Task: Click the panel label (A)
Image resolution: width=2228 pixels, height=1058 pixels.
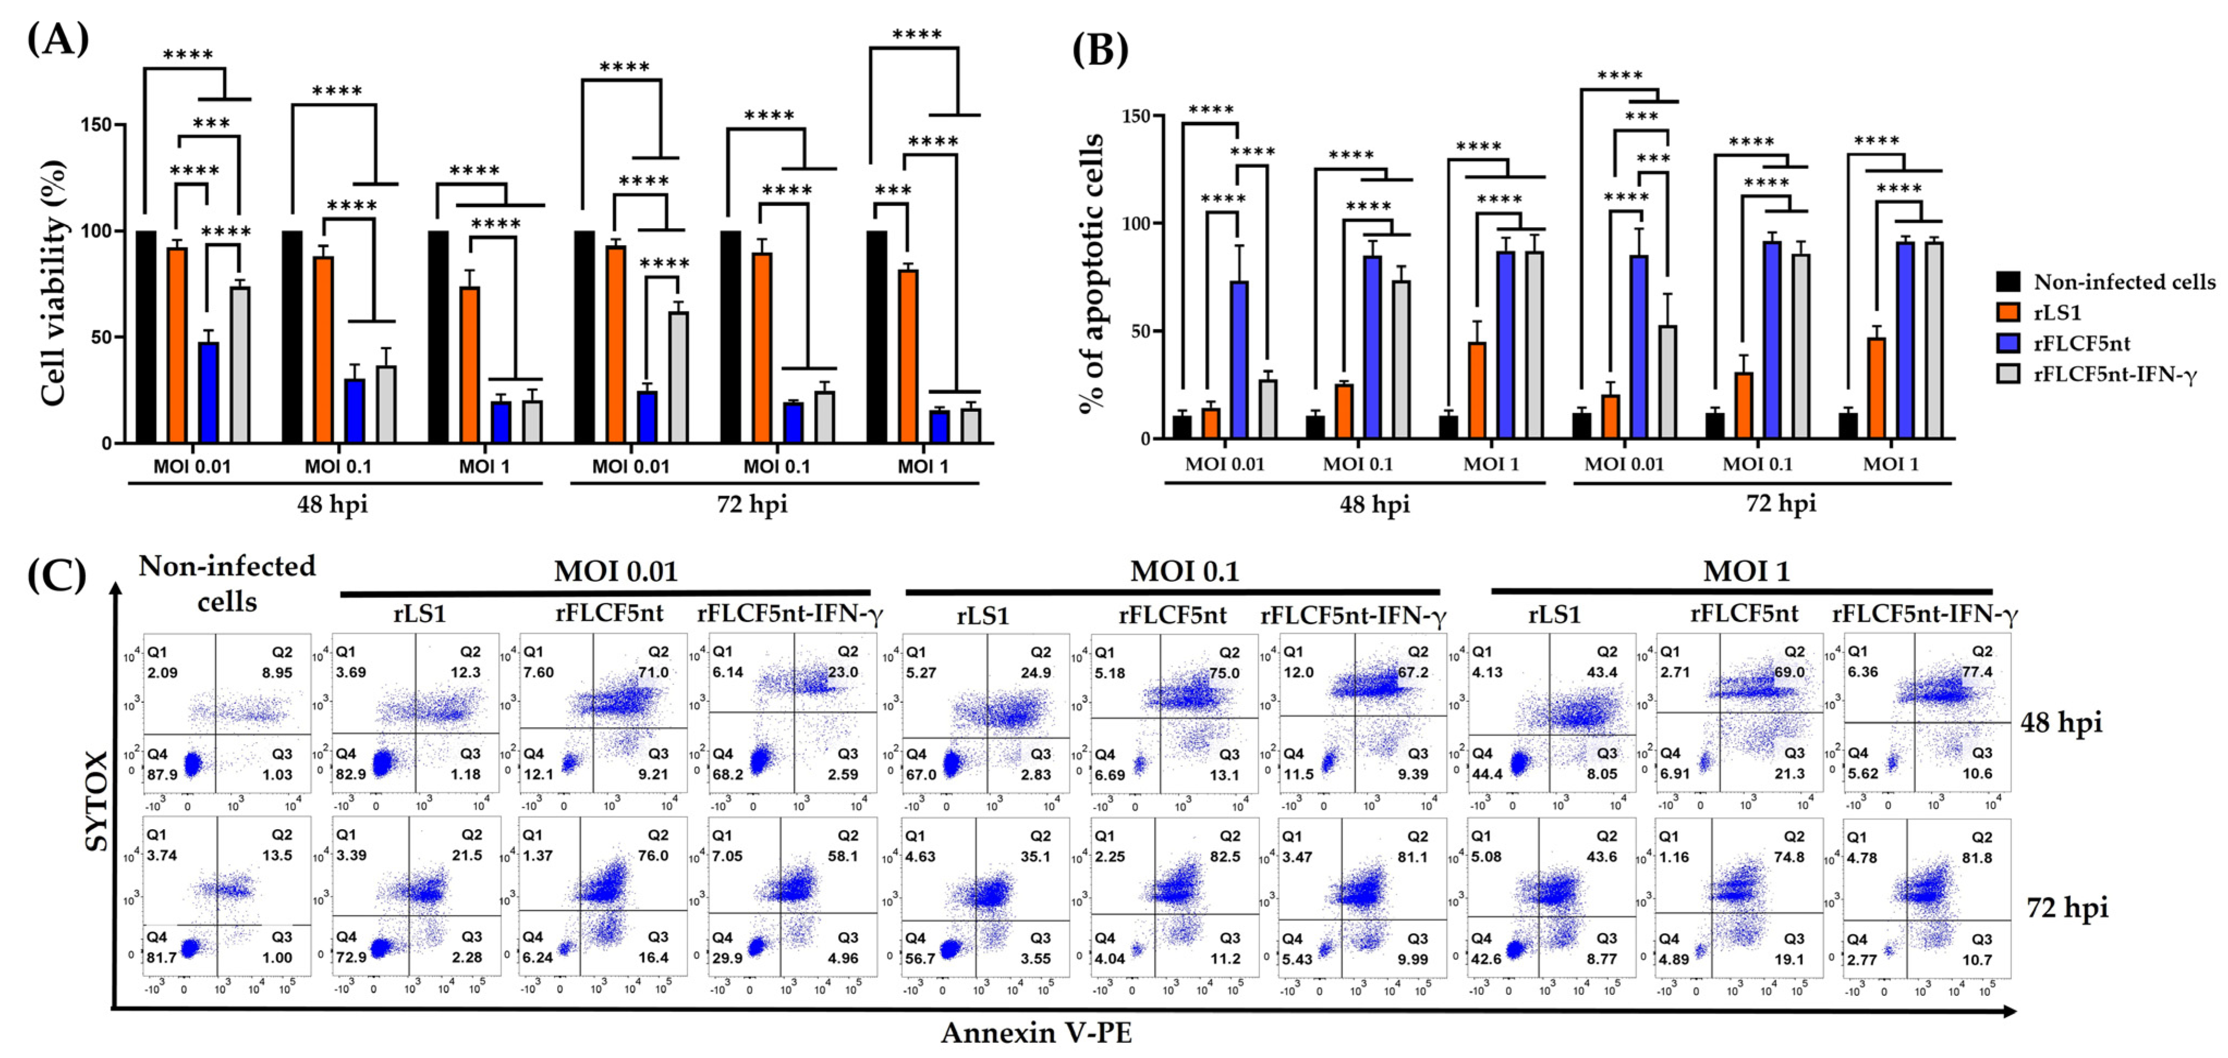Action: pyautogui.click(x=58, y=39)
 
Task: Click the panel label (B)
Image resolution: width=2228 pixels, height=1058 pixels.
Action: pyautogui.click(x=1100, y=50)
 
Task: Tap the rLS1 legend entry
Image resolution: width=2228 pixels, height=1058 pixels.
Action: pyautogui.click(x=2057, y=312)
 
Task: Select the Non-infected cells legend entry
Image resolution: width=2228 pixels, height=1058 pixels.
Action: pyautogui.click(x=2123, y=282)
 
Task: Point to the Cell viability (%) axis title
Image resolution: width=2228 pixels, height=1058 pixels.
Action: pyautogui.click(x=53, y=282)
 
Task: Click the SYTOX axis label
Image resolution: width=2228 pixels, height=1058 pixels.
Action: pyautogui.click(x=97, y=800)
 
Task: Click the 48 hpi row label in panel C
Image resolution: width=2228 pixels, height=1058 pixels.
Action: pyautogui.click(x=2060, y=721)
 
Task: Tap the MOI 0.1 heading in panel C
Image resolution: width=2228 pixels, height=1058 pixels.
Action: pyautogui.click(x=1184, y=571)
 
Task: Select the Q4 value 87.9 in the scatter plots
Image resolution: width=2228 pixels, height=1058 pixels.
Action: pyautogui.click(x=162, y=774)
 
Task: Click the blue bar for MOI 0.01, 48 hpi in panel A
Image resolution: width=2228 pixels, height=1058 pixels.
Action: pyautogui.click(x=209, y=393)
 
